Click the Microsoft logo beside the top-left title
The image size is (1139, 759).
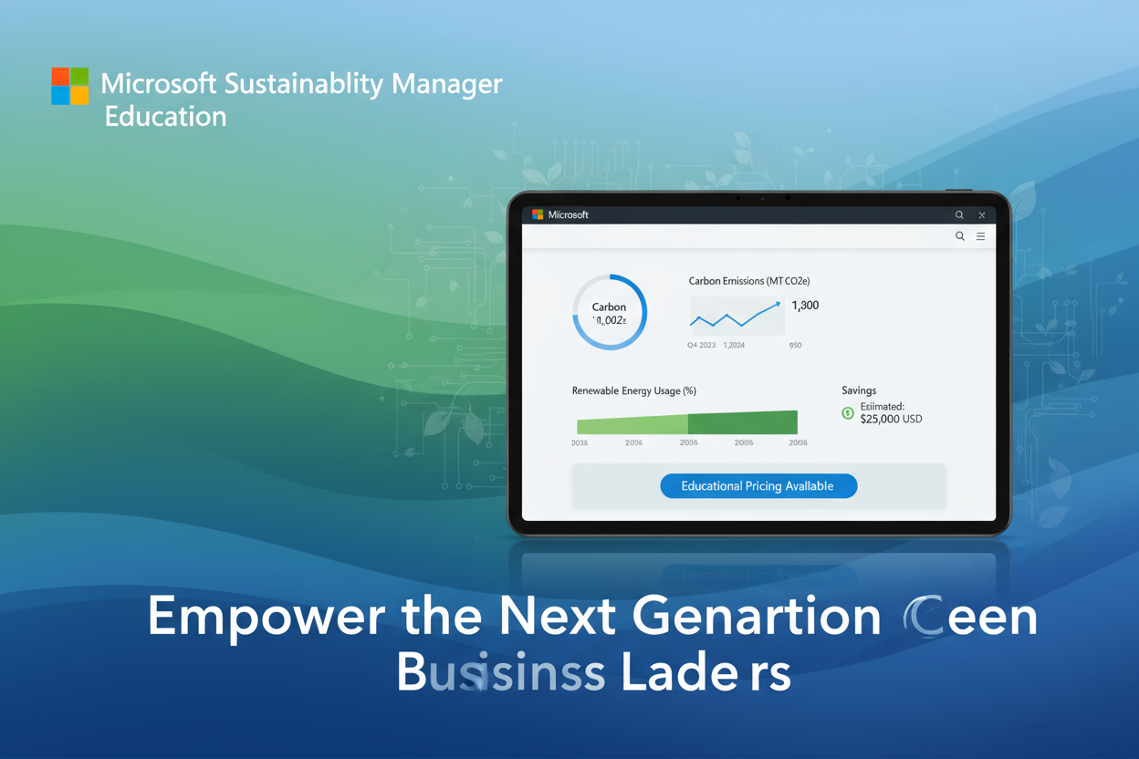pos(70,86)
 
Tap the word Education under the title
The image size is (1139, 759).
pos(165,117)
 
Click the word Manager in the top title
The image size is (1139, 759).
pos(446,84)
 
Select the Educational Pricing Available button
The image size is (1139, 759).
pos(758,486)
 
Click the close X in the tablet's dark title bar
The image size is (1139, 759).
pos(982,215)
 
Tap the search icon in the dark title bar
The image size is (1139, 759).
pos(959,215)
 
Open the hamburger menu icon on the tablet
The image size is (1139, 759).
pos(981,236)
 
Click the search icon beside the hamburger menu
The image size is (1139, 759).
pos(960,236)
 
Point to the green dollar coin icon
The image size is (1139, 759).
pos(848,413)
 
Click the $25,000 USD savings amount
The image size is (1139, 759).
pos(891,419)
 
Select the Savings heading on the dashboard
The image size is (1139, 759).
pos(859,390)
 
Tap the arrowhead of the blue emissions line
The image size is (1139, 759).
pos(777,305)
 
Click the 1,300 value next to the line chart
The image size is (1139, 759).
pos(805,306)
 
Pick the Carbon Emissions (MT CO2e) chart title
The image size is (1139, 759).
pos(749,281)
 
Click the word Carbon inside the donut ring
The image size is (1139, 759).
pos(609,307)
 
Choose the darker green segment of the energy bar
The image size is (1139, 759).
pos(742,422)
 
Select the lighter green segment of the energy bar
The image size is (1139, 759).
pos(632,424)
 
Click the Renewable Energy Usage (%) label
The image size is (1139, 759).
pos(633,390)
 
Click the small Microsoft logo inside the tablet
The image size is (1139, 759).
pos(538,215)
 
